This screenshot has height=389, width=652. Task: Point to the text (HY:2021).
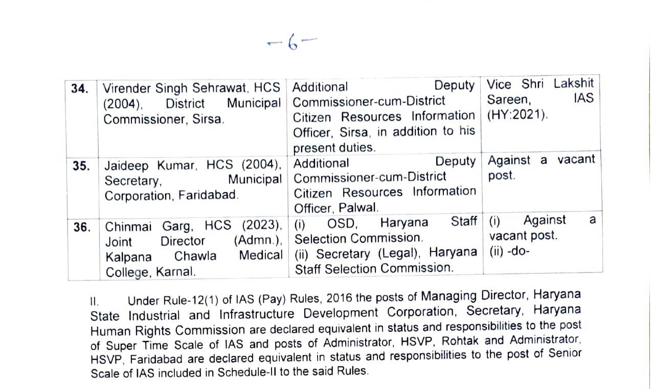point(517,115)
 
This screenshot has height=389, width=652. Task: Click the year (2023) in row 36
point(262,225)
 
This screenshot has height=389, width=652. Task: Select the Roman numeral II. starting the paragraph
point(95,301)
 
